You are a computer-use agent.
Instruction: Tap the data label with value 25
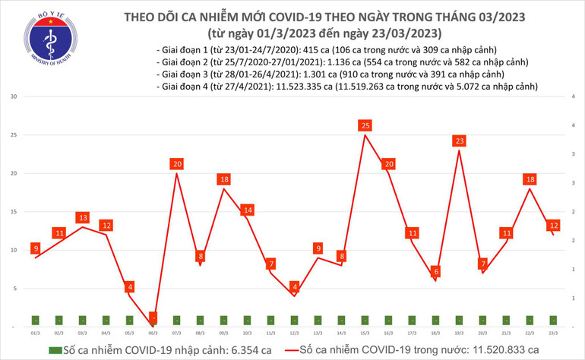tap(365, 125)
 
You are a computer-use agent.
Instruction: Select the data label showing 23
tap(459, 141)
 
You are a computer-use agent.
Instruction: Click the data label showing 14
tap(248, 210)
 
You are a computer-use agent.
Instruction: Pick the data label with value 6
tap(435, 271)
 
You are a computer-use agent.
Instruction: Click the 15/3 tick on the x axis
tap(365, 333)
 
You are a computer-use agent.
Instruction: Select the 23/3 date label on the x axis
tap(552, 333)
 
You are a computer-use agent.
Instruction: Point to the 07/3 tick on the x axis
tap(177, 333)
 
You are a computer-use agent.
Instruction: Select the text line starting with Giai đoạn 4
tap(346, 87)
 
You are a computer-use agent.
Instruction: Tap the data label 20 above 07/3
tap(177, 164)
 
